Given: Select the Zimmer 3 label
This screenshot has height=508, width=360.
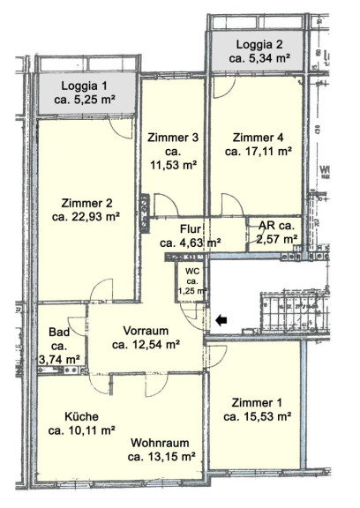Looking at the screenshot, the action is pos(173,138).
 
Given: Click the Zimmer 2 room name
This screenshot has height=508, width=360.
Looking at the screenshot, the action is pos(86,204).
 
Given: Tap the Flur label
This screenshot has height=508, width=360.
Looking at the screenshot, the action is pos(191,229).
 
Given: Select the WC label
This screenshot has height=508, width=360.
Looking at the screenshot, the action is pos(191,271).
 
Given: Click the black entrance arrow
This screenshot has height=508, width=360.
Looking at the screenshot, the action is pos(221,320).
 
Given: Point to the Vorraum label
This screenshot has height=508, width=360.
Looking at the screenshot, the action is pos(146,331).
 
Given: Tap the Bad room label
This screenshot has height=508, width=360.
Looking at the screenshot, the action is pos(59,332).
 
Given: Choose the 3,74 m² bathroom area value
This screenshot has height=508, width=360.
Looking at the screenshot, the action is pos(59,359).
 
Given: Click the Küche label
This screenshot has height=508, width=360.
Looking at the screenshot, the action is pos(82,416).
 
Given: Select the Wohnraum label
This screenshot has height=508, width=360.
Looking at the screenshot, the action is pos(160,443).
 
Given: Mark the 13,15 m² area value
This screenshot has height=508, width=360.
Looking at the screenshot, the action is pos(170,457).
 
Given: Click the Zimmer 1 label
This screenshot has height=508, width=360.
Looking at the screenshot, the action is pos(257,403).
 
